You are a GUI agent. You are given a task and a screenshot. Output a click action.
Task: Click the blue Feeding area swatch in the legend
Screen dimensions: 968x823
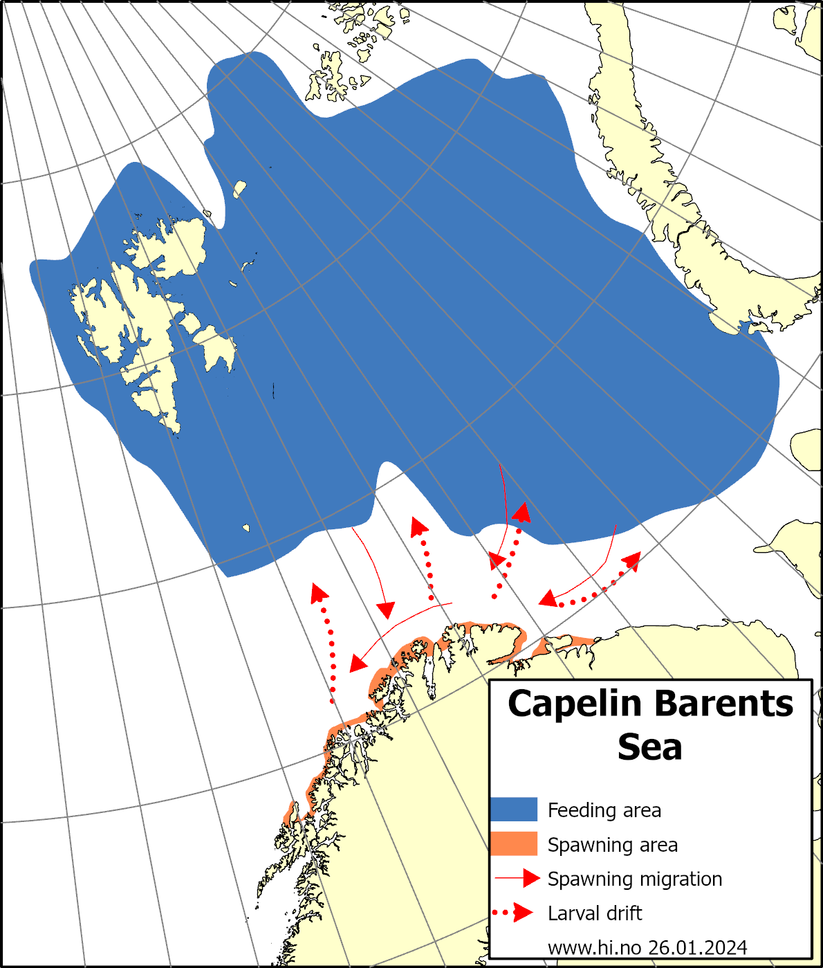pyautogui.click(x=514, y=809)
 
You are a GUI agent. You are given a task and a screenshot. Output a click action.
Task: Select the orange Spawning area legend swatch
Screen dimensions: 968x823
pyautogui.click(x=514, y=843)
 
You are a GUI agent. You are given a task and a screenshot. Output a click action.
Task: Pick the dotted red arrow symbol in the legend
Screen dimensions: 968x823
pyautogui.click(x=514, y=913)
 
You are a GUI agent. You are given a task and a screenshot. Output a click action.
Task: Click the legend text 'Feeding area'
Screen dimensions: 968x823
pyautogui.click(x=604, y=810)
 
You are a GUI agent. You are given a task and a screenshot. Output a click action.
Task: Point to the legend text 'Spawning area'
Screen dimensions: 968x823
pyautogui.click(x=612, y=845)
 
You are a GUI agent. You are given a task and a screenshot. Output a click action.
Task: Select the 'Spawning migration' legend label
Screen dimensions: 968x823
pyautogui.click(x=634, y=879)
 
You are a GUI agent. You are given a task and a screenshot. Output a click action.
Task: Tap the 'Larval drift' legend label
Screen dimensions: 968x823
pyautogui.click(x=594, y=913)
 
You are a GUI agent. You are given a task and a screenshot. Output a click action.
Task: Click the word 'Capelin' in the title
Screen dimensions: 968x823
pyautogui.click(x=575, y=704)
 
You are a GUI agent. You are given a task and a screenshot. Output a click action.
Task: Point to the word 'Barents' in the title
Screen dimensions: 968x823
pyautogui.click(x=723, y=704)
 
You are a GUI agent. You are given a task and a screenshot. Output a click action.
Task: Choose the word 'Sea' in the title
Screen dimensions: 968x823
pyautogui.click(x=649, y=747)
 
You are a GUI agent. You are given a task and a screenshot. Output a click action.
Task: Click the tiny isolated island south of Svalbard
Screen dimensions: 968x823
pyautogui.click(x=246, y=528)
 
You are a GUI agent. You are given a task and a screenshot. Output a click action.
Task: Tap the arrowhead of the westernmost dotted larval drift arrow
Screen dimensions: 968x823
pyautogui.click(x=318, y=592)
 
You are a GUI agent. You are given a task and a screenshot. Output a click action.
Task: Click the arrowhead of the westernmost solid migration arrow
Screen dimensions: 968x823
pyautogui.click(x=358, y=663)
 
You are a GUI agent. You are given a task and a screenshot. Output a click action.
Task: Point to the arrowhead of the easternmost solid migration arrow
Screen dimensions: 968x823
pyautogui.click(x=548, y=599)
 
